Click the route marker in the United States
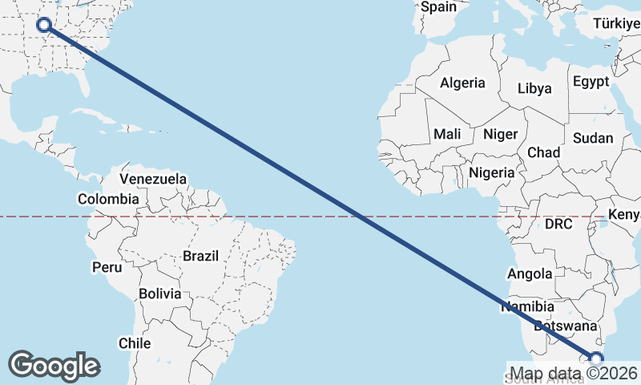(x=45, y=25)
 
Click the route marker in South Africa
(x=596, y=359)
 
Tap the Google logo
(x=54, y=366)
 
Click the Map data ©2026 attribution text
(x=574, y=374)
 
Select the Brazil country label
(x=200, y=256)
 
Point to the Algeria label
(x=462, y=83)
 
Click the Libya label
(x=534, y=88)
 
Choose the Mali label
(x=446, y=135)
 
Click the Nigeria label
(x=491, y=172)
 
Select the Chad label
(x=543, y=152)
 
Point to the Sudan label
(x=593, y=138)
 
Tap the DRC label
(x=558, y=225)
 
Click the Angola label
(x=530, y=274)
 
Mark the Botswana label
(x=566, y=326)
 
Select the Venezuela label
(x=153, y=178)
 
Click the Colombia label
(x=108, y=199)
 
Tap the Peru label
(x=107, y=266)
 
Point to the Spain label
(x=438, y=7)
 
